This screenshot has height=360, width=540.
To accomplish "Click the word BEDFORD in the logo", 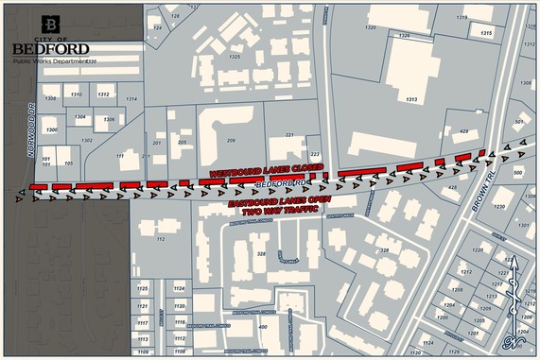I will pyautogui.click(x=51, y=49).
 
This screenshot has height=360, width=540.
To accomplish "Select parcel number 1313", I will pyautogui.click(x=411, y=98).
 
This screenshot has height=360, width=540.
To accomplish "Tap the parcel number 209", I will pyautogui.click(x=229, y=140).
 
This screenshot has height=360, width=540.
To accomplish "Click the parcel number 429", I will pyautogui.click(x=463, y=131).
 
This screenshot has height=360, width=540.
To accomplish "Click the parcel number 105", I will pyautogui.click(x=68, y=163).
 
